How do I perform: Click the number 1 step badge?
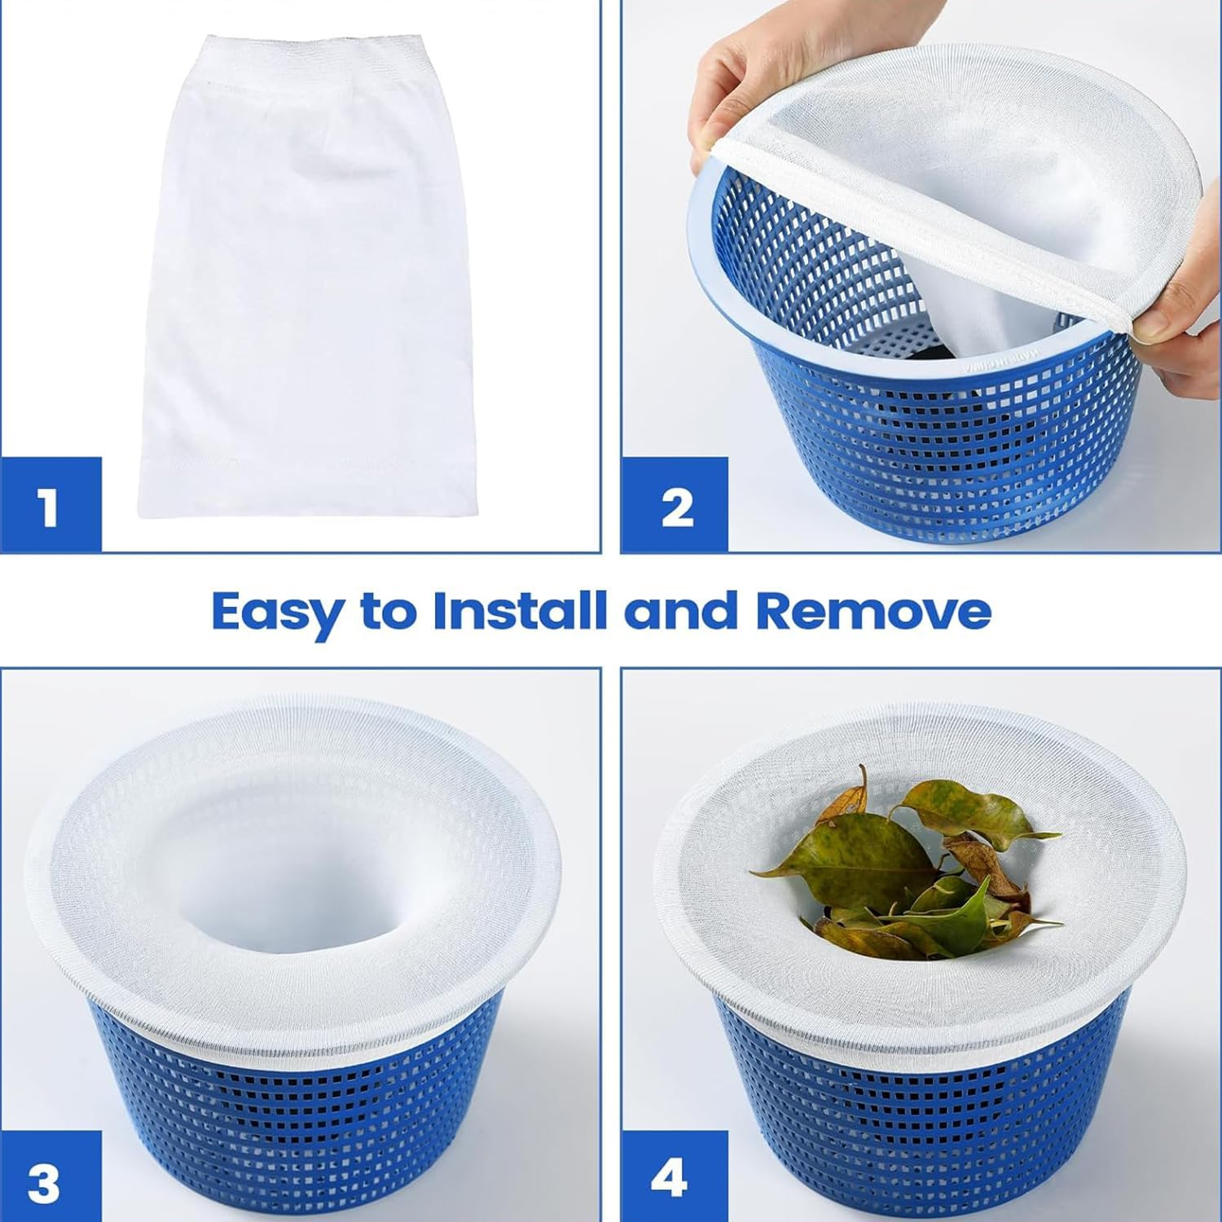pyautogui.click(x=50, y=506)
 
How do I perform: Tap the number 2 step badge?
pyautogui.click(x=675, y=506)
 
